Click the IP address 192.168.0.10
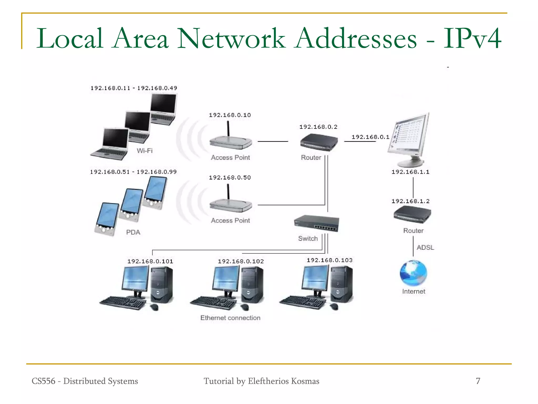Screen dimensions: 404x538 coord(230,115)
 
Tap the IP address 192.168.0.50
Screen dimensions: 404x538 coord(230,178)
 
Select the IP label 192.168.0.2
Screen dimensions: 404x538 coord(318,127)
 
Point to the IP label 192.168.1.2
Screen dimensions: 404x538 coord(410,201)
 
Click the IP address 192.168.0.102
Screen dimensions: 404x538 coord(241,261)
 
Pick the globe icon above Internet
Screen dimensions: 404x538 coord(413,273)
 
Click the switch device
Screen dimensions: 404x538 coord(317,223)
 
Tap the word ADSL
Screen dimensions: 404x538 coord(425,248)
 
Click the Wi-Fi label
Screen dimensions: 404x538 coord(144,151)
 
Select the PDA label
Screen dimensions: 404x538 coord(133,232)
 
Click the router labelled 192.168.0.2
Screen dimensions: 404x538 coord(319,142)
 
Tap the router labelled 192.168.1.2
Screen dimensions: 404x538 coord(412,214)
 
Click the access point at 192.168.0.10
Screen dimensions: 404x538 coord(231,142)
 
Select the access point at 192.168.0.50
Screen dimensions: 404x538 coord(231,205)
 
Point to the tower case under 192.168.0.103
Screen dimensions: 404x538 coord(342,284)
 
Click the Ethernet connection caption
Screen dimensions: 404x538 coord(230,318)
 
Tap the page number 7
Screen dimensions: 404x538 coord(478,381)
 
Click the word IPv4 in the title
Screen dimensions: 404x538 coord(472,39)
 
